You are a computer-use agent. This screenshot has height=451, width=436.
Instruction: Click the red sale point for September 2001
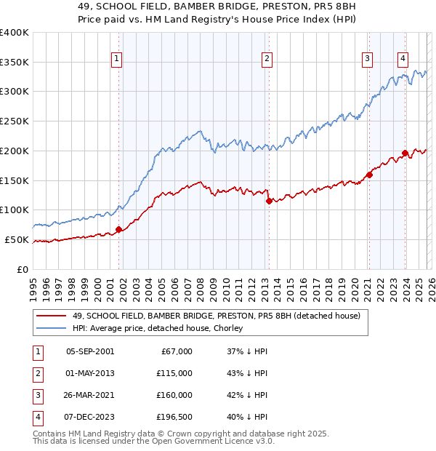[x=118, y=229]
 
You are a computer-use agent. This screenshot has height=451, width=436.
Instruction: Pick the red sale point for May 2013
[x=268, y=201]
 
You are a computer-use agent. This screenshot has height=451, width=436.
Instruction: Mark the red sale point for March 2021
[x=369, y=174]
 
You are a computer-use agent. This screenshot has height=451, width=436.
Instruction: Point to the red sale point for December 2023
[x=405, y=153]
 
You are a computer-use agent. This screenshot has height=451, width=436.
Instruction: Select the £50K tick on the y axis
[x=17, y=239]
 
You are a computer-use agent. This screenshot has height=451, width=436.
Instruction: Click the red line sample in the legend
[x=51, y=316]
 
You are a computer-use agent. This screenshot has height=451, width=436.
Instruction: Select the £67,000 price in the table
[x=174, y=351]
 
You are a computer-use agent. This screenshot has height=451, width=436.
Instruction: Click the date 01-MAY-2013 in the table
[x=89, y=373]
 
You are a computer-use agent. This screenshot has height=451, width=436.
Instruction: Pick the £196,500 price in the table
[x=174, y=417]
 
